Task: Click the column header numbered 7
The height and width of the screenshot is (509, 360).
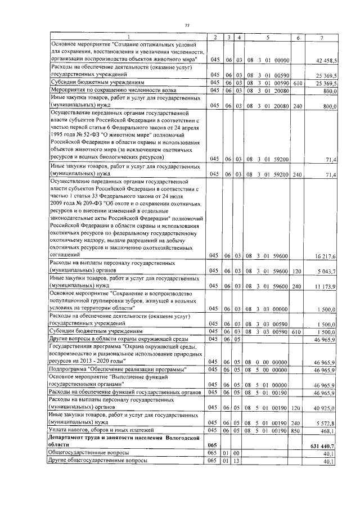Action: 321,37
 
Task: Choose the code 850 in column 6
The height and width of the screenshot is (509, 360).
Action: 298,431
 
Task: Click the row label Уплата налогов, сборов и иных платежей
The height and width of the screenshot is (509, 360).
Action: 109,431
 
